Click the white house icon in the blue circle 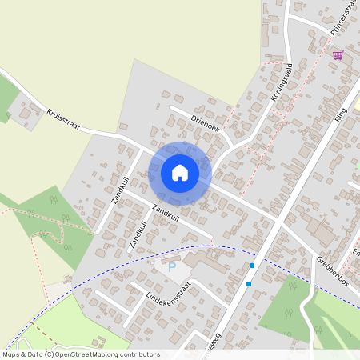click(180, 173)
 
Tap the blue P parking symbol click(170, 266)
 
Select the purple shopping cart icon click(338, 55)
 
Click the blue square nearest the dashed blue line click(252, 265)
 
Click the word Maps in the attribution click(12, 354)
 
